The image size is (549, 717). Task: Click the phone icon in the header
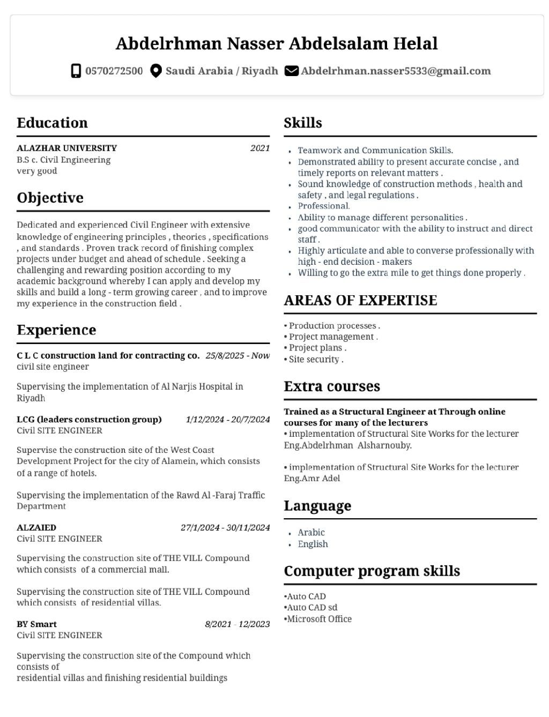(x=76, y=71)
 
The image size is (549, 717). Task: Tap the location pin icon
(x=155, y=71)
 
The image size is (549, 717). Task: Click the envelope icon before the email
(x=291, y=71)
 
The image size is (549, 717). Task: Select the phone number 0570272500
(x=114, y=71)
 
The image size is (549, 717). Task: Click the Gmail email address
(x=396, y=71)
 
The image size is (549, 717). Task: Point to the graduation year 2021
(x=260, y=148)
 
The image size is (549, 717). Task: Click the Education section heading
(x=52, y=123)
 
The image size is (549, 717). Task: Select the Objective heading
(x=50, y=198)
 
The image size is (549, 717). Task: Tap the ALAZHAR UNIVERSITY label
(x=66, y=148)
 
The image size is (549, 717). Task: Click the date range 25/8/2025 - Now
(x=238, y=355)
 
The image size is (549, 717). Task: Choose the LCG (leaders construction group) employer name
(x=89, y=419)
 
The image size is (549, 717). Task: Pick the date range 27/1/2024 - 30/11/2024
(x=225, y=527)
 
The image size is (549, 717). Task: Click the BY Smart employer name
(x=36, y=624)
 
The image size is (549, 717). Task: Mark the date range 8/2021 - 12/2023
(x=237, y=624)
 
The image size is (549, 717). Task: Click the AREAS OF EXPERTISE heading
(x=360, y=300)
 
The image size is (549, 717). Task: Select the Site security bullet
(x=315, y=359)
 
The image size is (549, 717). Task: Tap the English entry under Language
(x=313, y=544)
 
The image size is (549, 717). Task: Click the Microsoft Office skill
(x=319, y=619)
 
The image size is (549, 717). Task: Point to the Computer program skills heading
(x=372, y=571)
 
